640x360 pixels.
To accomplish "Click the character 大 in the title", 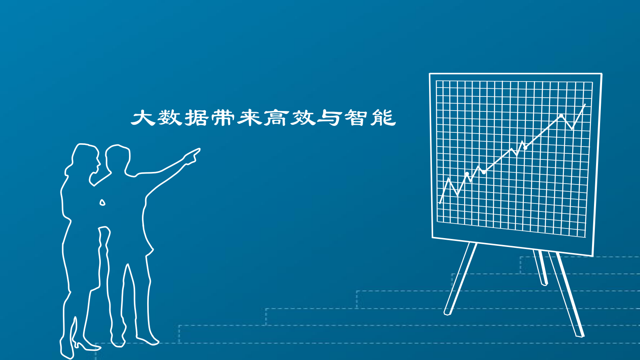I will [x=144, y=118].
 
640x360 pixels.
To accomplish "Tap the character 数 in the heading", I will [x=170, y=118].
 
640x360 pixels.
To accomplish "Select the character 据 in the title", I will [x=196, y=118].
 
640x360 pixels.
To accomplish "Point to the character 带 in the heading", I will [x=223, y=118].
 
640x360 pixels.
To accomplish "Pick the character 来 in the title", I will [x=250, y=118].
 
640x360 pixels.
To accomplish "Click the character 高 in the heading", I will [x=276, y=118].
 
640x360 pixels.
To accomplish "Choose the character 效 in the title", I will [x=303, y=118].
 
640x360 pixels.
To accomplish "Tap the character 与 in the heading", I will [x=329, y=118].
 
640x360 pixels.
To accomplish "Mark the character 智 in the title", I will [x=356, y=118].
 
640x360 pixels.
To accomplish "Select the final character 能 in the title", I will [x=383, y=118].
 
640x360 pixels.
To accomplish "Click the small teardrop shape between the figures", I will [x=102, y=203].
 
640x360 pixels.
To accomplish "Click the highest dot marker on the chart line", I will [x=561, y=116].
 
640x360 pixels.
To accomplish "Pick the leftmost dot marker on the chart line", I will [x=467, y=174].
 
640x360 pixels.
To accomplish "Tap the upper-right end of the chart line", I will [x=585, y=105].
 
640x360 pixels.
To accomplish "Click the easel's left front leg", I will [x=460, y=278].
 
